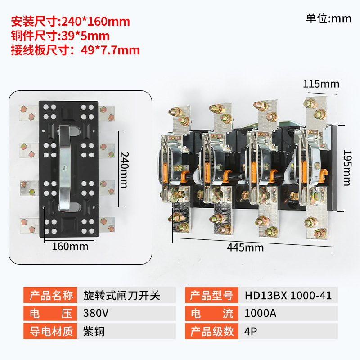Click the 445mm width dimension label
tap(245, 247)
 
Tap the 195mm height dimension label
tap(347, 168)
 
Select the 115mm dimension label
tap(321, 84)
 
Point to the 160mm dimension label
tap(70, 247)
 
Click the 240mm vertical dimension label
tap(125, 170)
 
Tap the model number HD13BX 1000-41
tap(288, 296)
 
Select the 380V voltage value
tap(96, 313)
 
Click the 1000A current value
tap(260, 313)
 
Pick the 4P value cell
tap(288, 331)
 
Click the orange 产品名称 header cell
tap(50, 295)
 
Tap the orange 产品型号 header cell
tap(211, 295)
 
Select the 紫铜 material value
tap(94, 331)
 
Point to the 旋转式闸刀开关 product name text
tap(121, 295)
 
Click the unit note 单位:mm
tap(328, 18)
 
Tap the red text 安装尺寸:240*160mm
tap(71, 21)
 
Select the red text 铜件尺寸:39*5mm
tap(60, 36)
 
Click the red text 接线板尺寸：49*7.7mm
tap(75, 50)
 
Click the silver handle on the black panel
tap(65, 168)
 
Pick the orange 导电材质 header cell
tap(50, 331)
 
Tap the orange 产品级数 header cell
tap(211, 331)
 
